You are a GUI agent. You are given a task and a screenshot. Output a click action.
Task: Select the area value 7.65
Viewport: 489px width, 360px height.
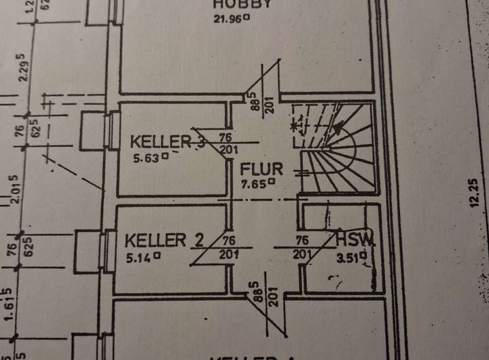point(258,183)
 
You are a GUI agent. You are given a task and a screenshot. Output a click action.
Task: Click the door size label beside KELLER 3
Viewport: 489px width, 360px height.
point(229,143)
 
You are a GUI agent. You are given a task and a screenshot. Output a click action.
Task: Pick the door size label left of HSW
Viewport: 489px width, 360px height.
point(303,247)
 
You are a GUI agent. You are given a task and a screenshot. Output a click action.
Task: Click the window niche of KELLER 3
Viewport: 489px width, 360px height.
point(94,131)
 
